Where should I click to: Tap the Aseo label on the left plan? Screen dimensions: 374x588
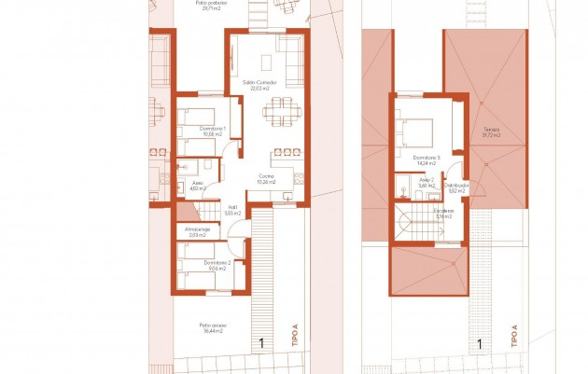(x=198, y=186)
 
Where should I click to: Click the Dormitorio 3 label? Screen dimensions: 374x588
(x=427, y=159)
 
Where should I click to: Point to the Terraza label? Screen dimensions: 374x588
(x=492, y=132)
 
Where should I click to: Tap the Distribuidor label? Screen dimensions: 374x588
(x=457, y=187)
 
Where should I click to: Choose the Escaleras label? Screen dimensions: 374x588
(x=443, y=213)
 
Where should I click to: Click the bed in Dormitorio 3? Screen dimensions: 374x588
(x=413, y=130)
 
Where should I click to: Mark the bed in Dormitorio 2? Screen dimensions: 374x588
(x=196, y=252)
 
